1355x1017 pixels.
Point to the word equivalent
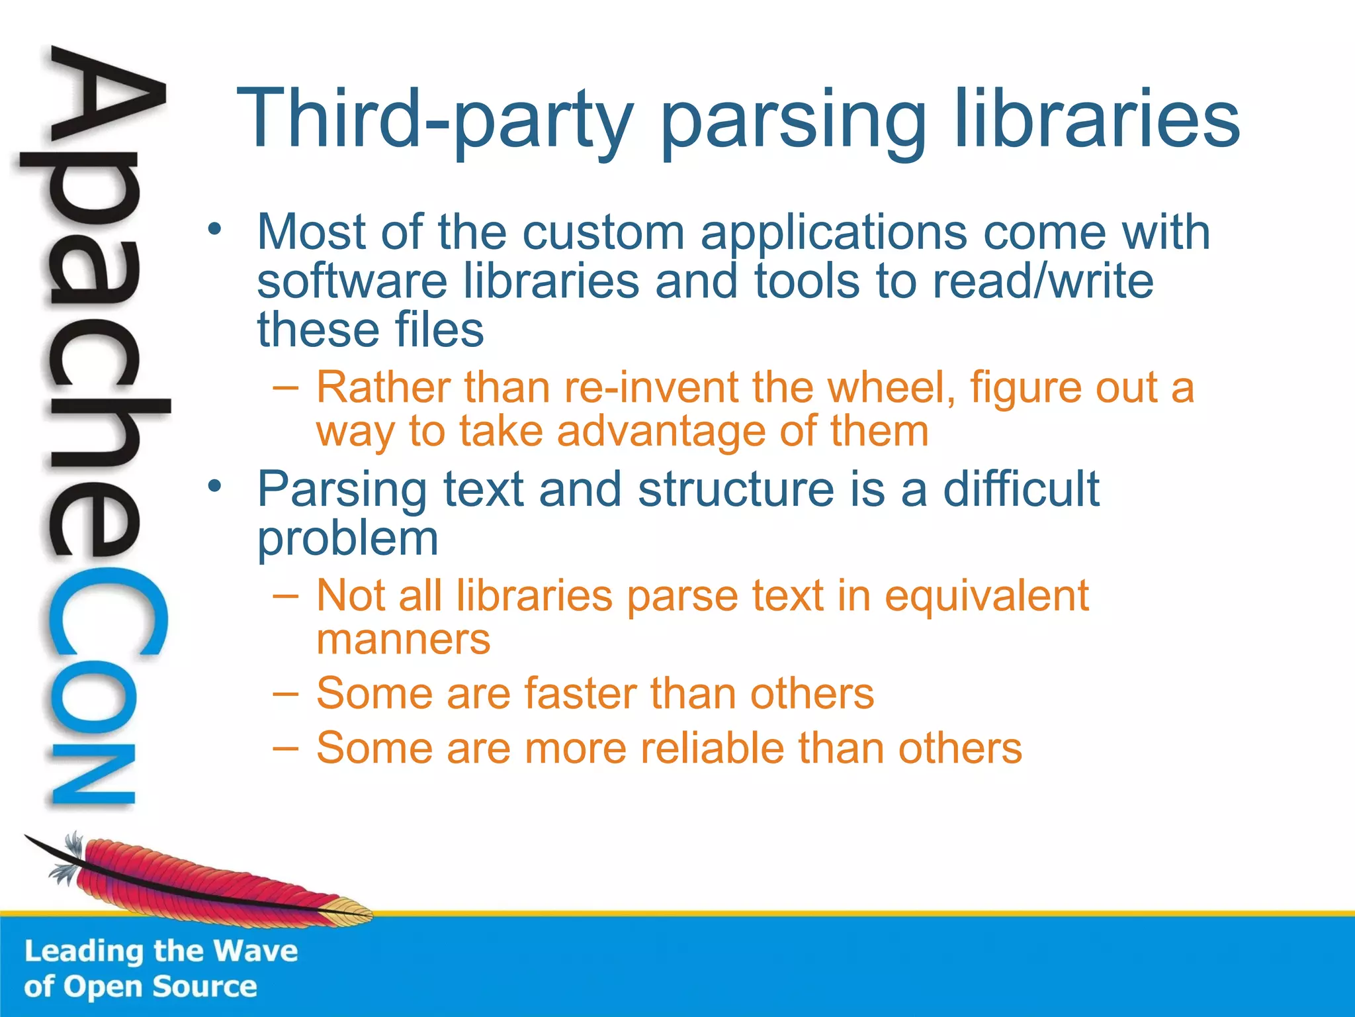[x=986, y=596]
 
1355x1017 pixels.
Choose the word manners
[x=403, y=640]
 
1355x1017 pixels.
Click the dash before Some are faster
[x=285, y=694]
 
